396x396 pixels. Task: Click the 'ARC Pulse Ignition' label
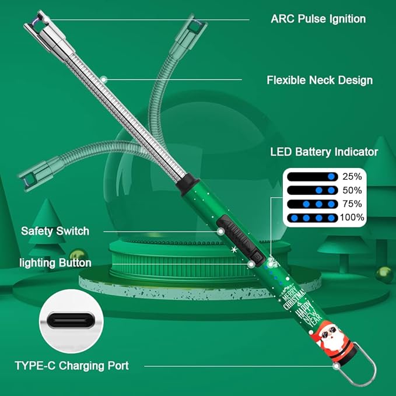[x=318, y=19]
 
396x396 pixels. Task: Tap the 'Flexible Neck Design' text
[x=320, y=80]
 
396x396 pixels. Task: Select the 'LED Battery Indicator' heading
[x=324, y=152]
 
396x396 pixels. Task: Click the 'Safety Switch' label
[x=55, y=231]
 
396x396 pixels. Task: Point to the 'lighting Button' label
[x=55, y=263]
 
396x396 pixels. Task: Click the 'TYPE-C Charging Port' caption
[x=72, y=366]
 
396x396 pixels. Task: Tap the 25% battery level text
[x=352, y=177]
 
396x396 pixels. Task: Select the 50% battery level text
[x=352, y=190]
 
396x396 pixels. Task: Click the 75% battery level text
[x=352, y=204]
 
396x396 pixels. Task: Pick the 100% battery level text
[x=352, y=218]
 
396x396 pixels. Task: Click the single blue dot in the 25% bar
[x=331, y=177]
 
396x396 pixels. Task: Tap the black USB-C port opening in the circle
[x=71, y=320]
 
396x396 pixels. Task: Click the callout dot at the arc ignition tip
[x=46, y=19]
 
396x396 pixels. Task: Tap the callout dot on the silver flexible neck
[x=104, y=80]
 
